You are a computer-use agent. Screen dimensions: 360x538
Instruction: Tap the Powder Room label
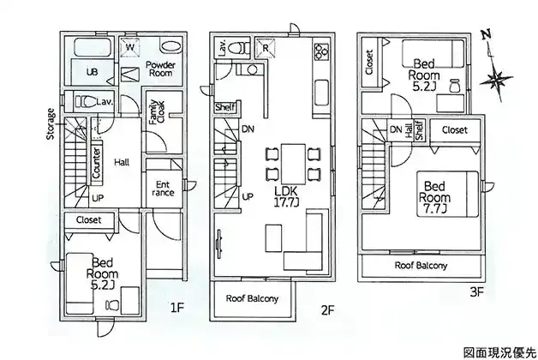[159, 69]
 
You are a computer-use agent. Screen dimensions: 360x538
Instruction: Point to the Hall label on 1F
[122, 161]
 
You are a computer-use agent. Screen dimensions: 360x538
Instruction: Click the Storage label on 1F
[52, 123]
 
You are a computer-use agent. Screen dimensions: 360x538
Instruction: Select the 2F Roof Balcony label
[252, 299]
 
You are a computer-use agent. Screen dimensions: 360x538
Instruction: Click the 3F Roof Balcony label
[421, 266]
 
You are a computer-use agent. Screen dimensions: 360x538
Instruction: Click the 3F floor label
[477, 291]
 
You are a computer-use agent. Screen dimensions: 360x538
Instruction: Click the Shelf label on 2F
[225, 107]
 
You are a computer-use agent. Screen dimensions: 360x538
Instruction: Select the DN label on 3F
[395, 129]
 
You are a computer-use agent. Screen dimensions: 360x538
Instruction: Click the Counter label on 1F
[97, 163]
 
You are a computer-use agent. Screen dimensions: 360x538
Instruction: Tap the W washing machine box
[132, 48]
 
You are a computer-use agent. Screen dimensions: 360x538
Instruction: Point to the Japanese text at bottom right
[499, 351]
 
